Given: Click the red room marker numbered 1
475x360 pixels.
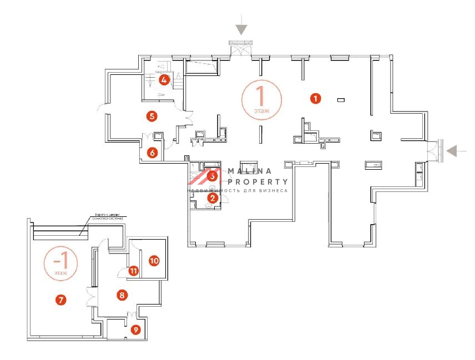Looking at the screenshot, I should point(315,99).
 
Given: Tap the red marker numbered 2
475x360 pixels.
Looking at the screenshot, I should point(212,197).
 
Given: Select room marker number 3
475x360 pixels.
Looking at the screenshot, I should point(212,176).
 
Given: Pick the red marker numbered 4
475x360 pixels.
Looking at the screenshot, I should point(164,80).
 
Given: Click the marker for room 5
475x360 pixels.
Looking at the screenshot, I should point(152,116).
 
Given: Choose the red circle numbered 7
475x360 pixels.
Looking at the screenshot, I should point(61,300).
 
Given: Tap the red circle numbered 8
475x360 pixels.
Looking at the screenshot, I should point(122,295).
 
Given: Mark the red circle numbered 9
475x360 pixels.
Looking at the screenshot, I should point(136,329).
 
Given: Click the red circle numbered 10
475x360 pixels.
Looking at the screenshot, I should point(154,260).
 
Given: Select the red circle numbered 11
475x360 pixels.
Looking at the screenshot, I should point(134,271).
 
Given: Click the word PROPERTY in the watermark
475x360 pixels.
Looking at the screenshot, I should point(256,181).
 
